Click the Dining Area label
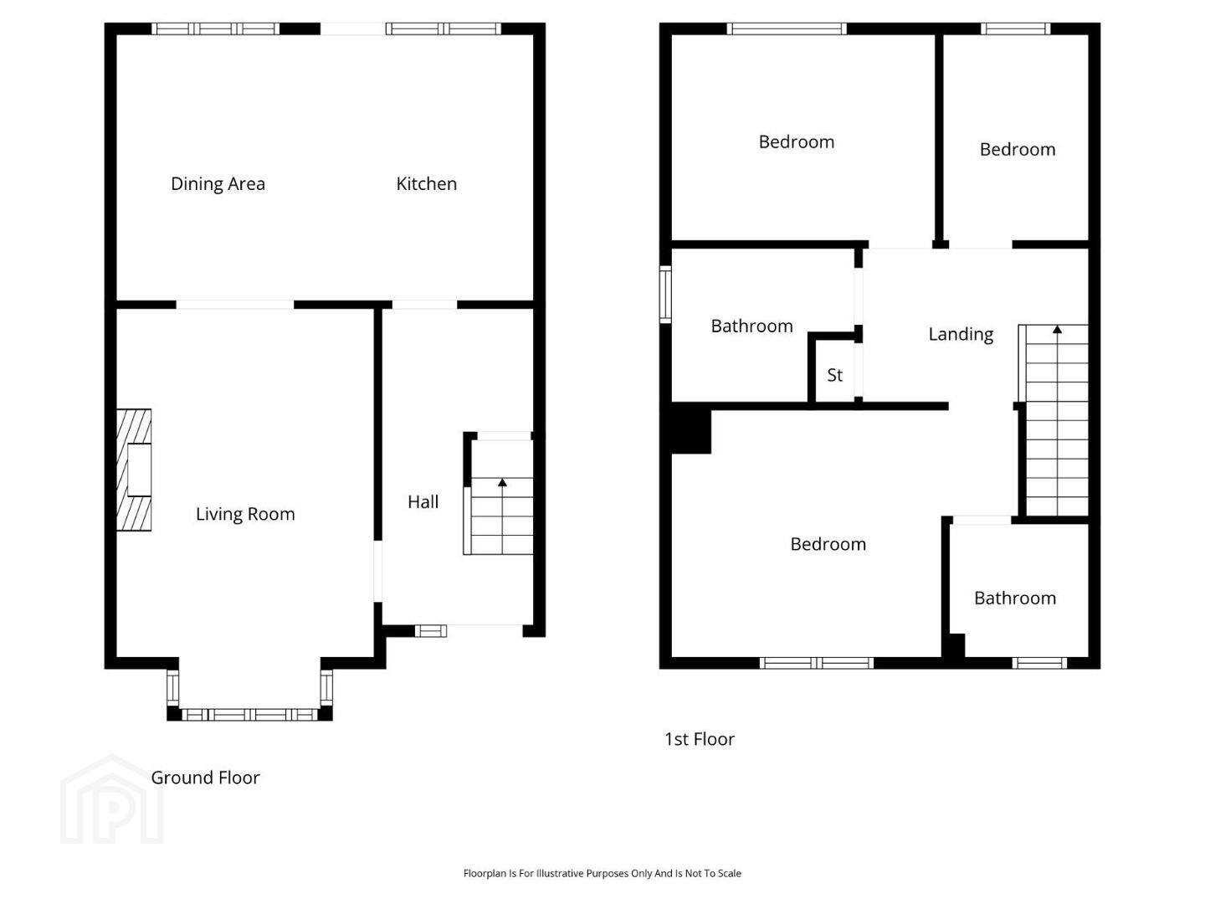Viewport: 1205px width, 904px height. click(218, 184)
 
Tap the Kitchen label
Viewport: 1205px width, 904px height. click(427, 184)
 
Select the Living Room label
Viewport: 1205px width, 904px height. click(245, 514)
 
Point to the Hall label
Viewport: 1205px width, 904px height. click(423, 501)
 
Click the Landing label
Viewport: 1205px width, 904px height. click(961, 334)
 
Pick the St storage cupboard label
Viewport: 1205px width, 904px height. click(834, 375)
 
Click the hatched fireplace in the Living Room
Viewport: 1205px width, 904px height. click(134, 470)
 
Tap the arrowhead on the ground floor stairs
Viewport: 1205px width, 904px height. click(502, 482)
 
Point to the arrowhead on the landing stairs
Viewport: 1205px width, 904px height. click(1057, 329)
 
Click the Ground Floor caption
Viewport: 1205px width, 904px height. click(205, 778)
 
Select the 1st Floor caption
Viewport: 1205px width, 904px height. click(700, 739)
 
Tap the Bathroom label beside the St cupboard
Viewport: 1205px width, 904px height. click(752, 326)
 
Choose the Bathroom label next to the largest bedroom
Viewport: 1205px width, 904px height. click(1015, 598)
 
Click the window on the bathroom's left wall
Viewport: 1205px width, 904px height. click(665, 295)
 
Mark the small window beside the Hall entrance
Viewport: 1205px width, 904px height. click(430, 631)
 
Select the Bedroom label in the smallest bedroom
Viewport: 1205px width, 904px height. click(1018, 149)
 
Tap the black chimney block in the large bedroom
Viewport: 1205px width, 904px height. click(691, 428)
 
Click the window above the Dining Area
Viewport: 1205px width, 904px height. click(215, 29)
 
